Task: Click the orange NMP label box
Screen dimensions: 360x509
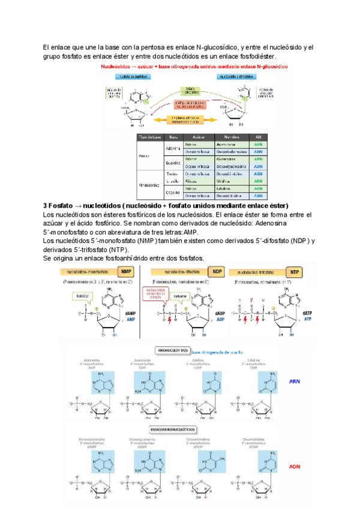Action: [127, 271]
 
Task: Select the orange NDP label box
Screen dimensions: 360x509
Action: [217, 271]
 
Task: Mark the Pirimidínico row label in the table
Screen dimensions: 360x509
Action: [149, 184]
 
